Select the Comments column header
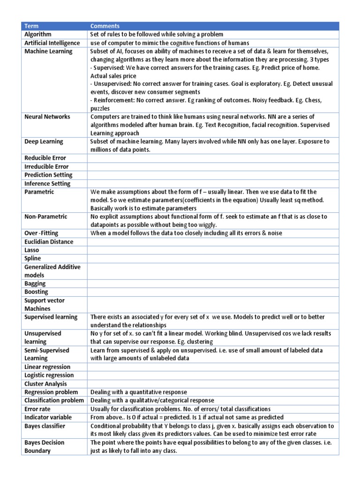(x=105, y=26)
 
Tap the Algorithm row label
(x=38, y=35)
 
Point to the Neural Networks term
(x=47, y=117)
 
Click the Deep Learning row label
(x=44, y=142)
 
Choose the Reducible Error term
(x=45, y=158)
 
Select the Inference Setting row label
(x=47, y=184)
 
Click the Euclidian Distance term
(x=49, y=242)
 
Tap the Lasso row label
(x=32, y=250)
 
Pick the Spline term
(x=33, y=258)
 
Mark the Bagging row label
(x=35, y=284)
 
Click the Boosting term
(x=36, y=292)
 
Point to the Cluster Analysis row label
(x=45, y=384)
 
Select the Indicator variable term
(x=48, y=417)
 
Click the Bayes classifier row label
(x=45, y=426)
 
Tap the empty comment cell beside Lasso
(x=213, y=250)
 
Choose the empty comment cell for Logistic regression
(x=213, y=375)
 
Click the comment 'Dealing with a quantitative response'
(x=138, y=392)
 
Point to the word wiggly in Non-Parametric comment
(x=207, y=225)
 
